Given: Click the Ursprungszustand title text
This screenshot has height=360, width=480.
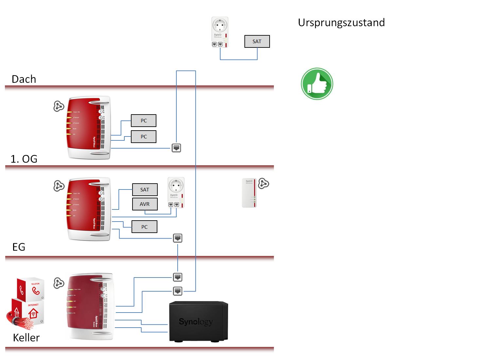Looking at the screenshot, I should pyautogui.click(x=341, y=23).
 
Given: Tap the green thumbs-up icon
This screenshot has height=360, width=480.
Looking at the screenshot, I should pyautogui.click(x=317, y=84).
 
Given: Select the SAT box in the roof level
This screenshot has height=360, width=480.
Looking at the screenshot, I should pyautogui.click(x=257, y=42).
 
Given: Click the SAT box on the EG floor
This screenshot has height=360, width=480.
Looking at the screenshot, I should pyautogui.click(x=145, y=190).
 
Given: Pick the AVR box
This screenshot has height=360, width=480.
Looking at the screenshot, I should pyautogui.click(x=145, y=204).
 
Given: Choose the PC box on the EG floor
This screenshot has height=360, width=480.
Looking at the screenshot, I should pyautogui.click(x=144, y=227).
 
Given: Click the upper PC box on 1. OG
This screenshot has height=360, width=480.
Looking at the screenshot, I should pyautogui.click(x=144, y=121).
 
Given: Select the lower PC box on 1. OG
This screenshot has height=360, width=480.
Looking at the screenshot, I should pyautogui.click(x=144, y=137).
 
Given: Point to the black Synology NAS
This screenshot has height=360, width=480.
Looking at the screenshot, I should pyautogui.click(x=198, y=321).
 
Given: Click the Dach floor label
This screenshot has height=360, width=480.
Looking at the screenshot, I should pyautogui.click(x=24, y=79).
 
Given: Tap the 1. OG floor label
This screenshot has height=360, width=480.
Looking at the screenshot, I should pyautogui.click(x=24, y=159).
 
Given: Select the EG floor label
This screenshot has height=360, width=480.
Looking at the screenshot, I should pyautogui.click(x=19, y=247).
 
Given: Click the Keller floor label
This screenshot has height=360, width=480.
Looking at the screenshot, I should pyautogui.click(x=26, y=338).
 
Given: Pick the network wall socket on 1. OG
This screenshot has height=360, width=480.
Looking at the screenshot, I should pyautogui.click(x=176, y=148).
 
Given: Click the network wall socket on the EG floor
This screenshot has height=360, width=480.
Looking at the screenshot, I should pyautogui.click(x=177, y=238).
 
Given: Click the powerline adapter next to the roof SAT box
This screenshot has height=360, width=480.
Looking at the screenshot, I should pyautogui.click(x=220, y=32).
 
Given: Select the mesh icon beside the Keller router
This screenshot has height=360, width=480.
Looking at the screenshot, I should pyautogui.click(x=59, y=283).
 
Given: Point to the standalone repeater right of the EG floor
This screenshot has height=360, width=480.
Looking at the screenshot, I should pyautogui.click(x=249, y=193).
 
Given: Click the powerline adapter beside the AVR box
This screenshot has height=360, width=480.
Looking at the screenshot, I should pyautogui.click(x=176, y=192).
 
